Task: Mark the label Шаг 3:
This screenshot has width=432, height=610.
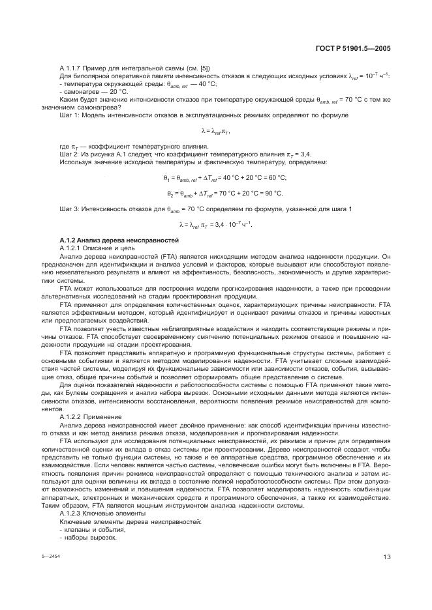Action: point(70,209)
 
